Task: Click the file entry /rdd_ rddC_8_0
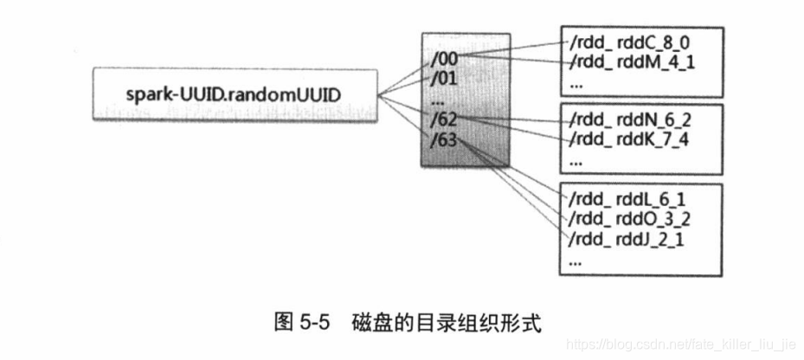pos(629,42)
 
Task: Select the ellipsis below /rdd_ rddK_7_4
pos(577,160)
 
